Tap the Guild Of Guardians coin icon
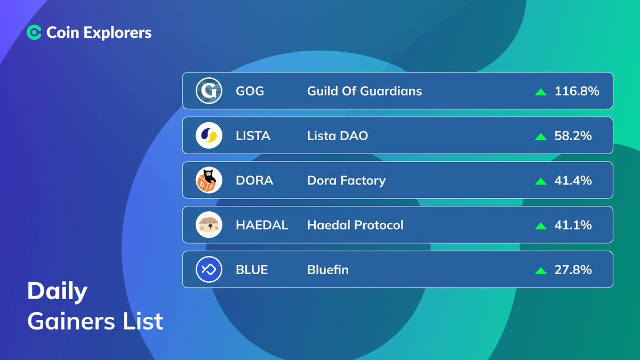coord(209,91)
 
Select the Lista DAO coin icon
coord(209,135)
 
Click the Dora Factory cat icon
coord(209,180)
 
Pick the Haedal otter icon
coord(209,225)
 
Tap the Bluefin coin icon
coord(209,269)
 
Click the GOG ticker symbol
coord(250,91)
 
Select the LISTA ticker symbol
coord(253,135)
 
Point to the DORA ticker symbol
coord(254,180)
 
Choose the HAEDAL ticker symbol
coord(262,225)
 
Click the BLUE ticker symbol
coord(252,270)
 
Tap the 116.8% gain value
coord(577,91)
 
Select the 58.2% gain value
coord(573,135)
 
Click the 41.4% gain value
coord(573,180)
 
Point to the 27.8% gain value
coord(573,270)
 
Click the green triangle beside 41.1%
coord(541,226)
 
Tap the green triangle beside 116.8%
coord(541,92)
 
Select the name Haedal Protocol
coord(355,225)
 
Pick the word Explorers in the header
coord(117,33)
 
